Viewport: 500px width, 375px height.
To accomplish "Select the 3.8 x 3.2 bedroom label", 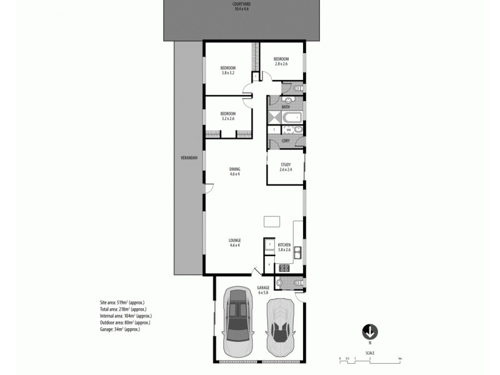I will coord(227,70).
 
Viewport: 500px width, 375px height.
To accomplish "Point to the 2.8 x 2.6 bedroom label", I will coord(281,61).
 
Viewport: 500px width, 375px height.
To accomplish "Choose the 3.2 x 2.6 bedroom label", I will coord(227,116).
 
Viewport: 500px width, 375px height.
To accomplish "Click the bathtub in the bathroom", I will coord(292,117).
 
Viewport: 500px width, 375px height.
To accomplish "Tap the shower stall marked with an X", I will coord(274,116).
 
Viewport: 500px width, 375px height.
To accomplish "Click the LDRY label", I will coord(285,141).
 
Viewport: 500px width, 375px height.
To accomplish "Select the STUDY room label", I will coord(286,167).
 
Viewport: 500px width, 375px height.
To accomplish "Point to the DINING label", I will coord(234,171).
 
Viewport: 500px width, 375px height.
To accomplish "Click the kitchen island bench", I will coord(272,221).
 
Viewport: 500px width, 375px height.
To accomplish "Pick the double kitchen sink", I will coord(299,252).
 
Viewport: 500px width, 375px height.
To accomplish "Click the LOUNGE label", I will coord(234,242).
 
